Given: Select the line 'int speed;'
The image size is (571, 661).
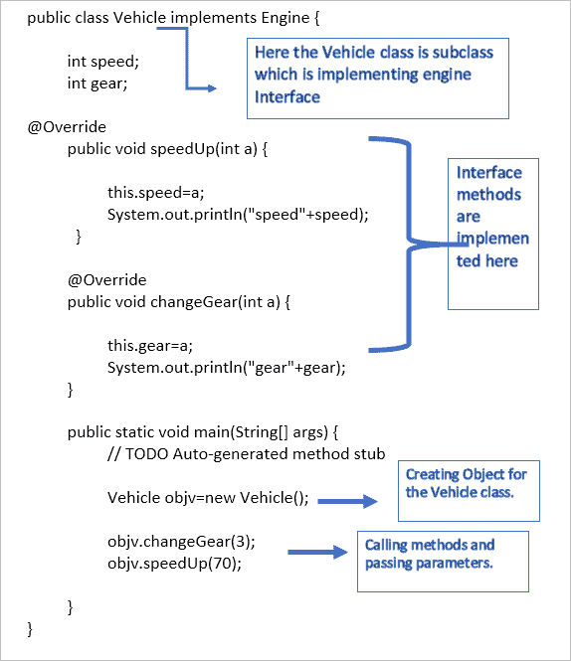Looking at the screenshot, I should pos(103,61).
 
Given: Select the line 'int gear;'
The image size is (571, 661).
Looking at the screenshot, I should pos(99,83).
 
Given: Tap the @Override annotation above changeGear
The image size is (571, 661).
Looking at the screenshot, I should pos(106,280).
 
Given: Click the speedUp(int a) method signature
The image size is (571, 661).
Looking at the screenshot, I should pos(167,149).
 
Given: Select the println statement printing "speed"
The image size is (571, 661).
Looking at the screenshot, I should pos(238,215).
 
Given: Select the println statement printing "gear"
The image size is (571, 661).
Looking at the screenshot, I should pos(227,368).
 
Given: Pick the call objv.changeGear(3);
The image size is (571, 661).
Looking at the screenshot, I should pos(181,542).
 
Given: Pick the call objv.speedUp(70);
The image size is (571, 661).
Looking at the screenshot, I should pos(174,564).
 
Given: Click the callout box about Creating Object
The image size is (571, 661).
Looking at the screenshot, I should pos(468,490).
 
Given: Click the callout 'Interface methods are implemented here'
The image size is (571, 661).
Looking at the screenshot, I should pos(492,233).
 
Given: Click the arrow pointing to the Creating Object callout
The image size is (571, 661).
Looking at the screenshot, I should pos(348,502).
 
